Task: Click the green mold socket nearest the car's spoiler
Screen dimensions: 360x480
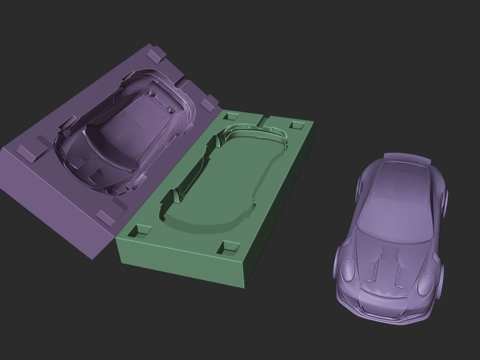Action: pyautogui.click(x=296, y=125)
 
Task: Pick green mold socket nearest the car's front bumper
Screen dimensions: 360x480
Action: pyautogui.click(x=228, y=248)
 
